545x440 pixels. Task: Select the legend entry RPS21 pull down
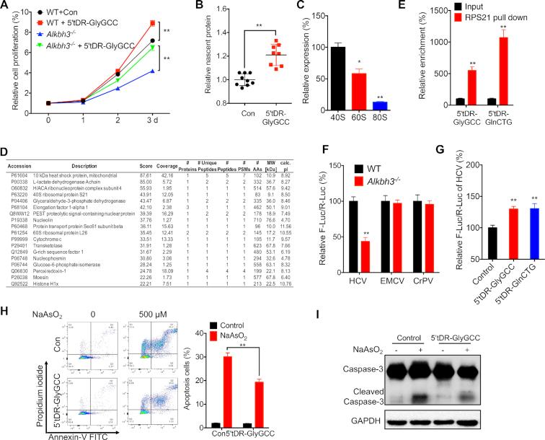480,23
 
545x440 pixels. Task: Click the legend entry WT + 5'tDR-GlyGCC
84,22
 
